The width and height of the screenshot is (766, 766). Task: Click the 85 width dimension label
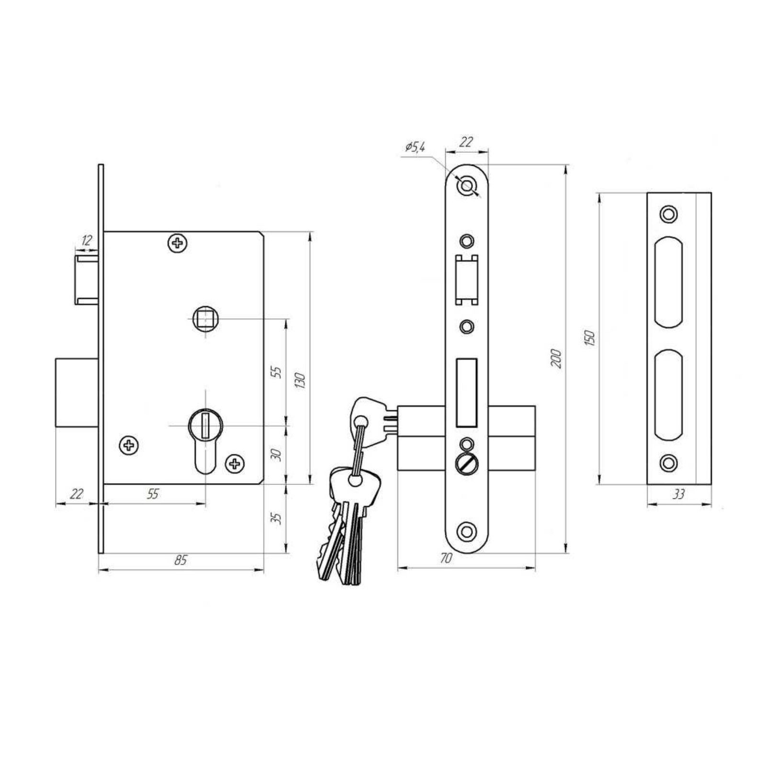pyautogui.click(x=180, y=560)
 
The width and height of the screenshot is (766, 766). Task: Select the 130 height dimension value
pyautogui.click(x=301, y=381)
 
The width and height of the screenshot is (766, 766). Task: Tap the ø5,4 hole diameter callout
pyautogui.click(x=415, y=147)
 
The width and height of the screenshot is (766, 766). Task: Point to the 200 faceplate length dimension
pyautogui.click(x=556, y=359)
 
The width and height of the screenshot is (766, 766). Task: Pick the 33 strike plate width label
pyautogui.click(x=678, y=494)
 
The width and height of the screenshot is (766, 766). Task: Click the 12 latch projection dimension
pyautogui.click(x=86, y=240)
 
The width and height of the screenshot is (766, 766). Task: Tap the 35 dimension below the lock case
pyautogui.click(x=276, y=518)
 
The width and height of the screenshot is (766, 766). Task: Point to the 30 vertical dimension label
pyautogui.click(x=276, y=454)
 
